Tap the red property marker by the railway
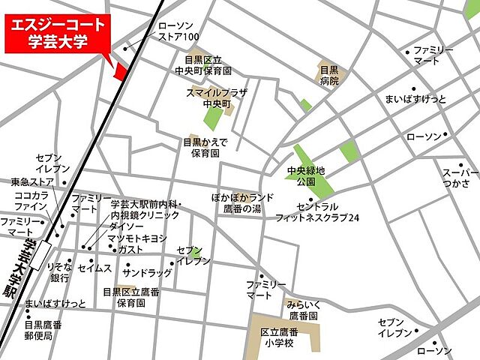pos(119,70)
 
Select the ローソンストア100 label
pos(179,31)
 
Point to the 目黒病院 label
pos(330,76)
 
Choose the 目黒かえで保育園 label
pos(205,147)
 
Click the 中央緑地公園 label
pos(306,176)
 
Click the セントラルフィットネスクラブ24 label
pos(327,212)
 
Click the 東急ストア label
pos(32,181)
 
